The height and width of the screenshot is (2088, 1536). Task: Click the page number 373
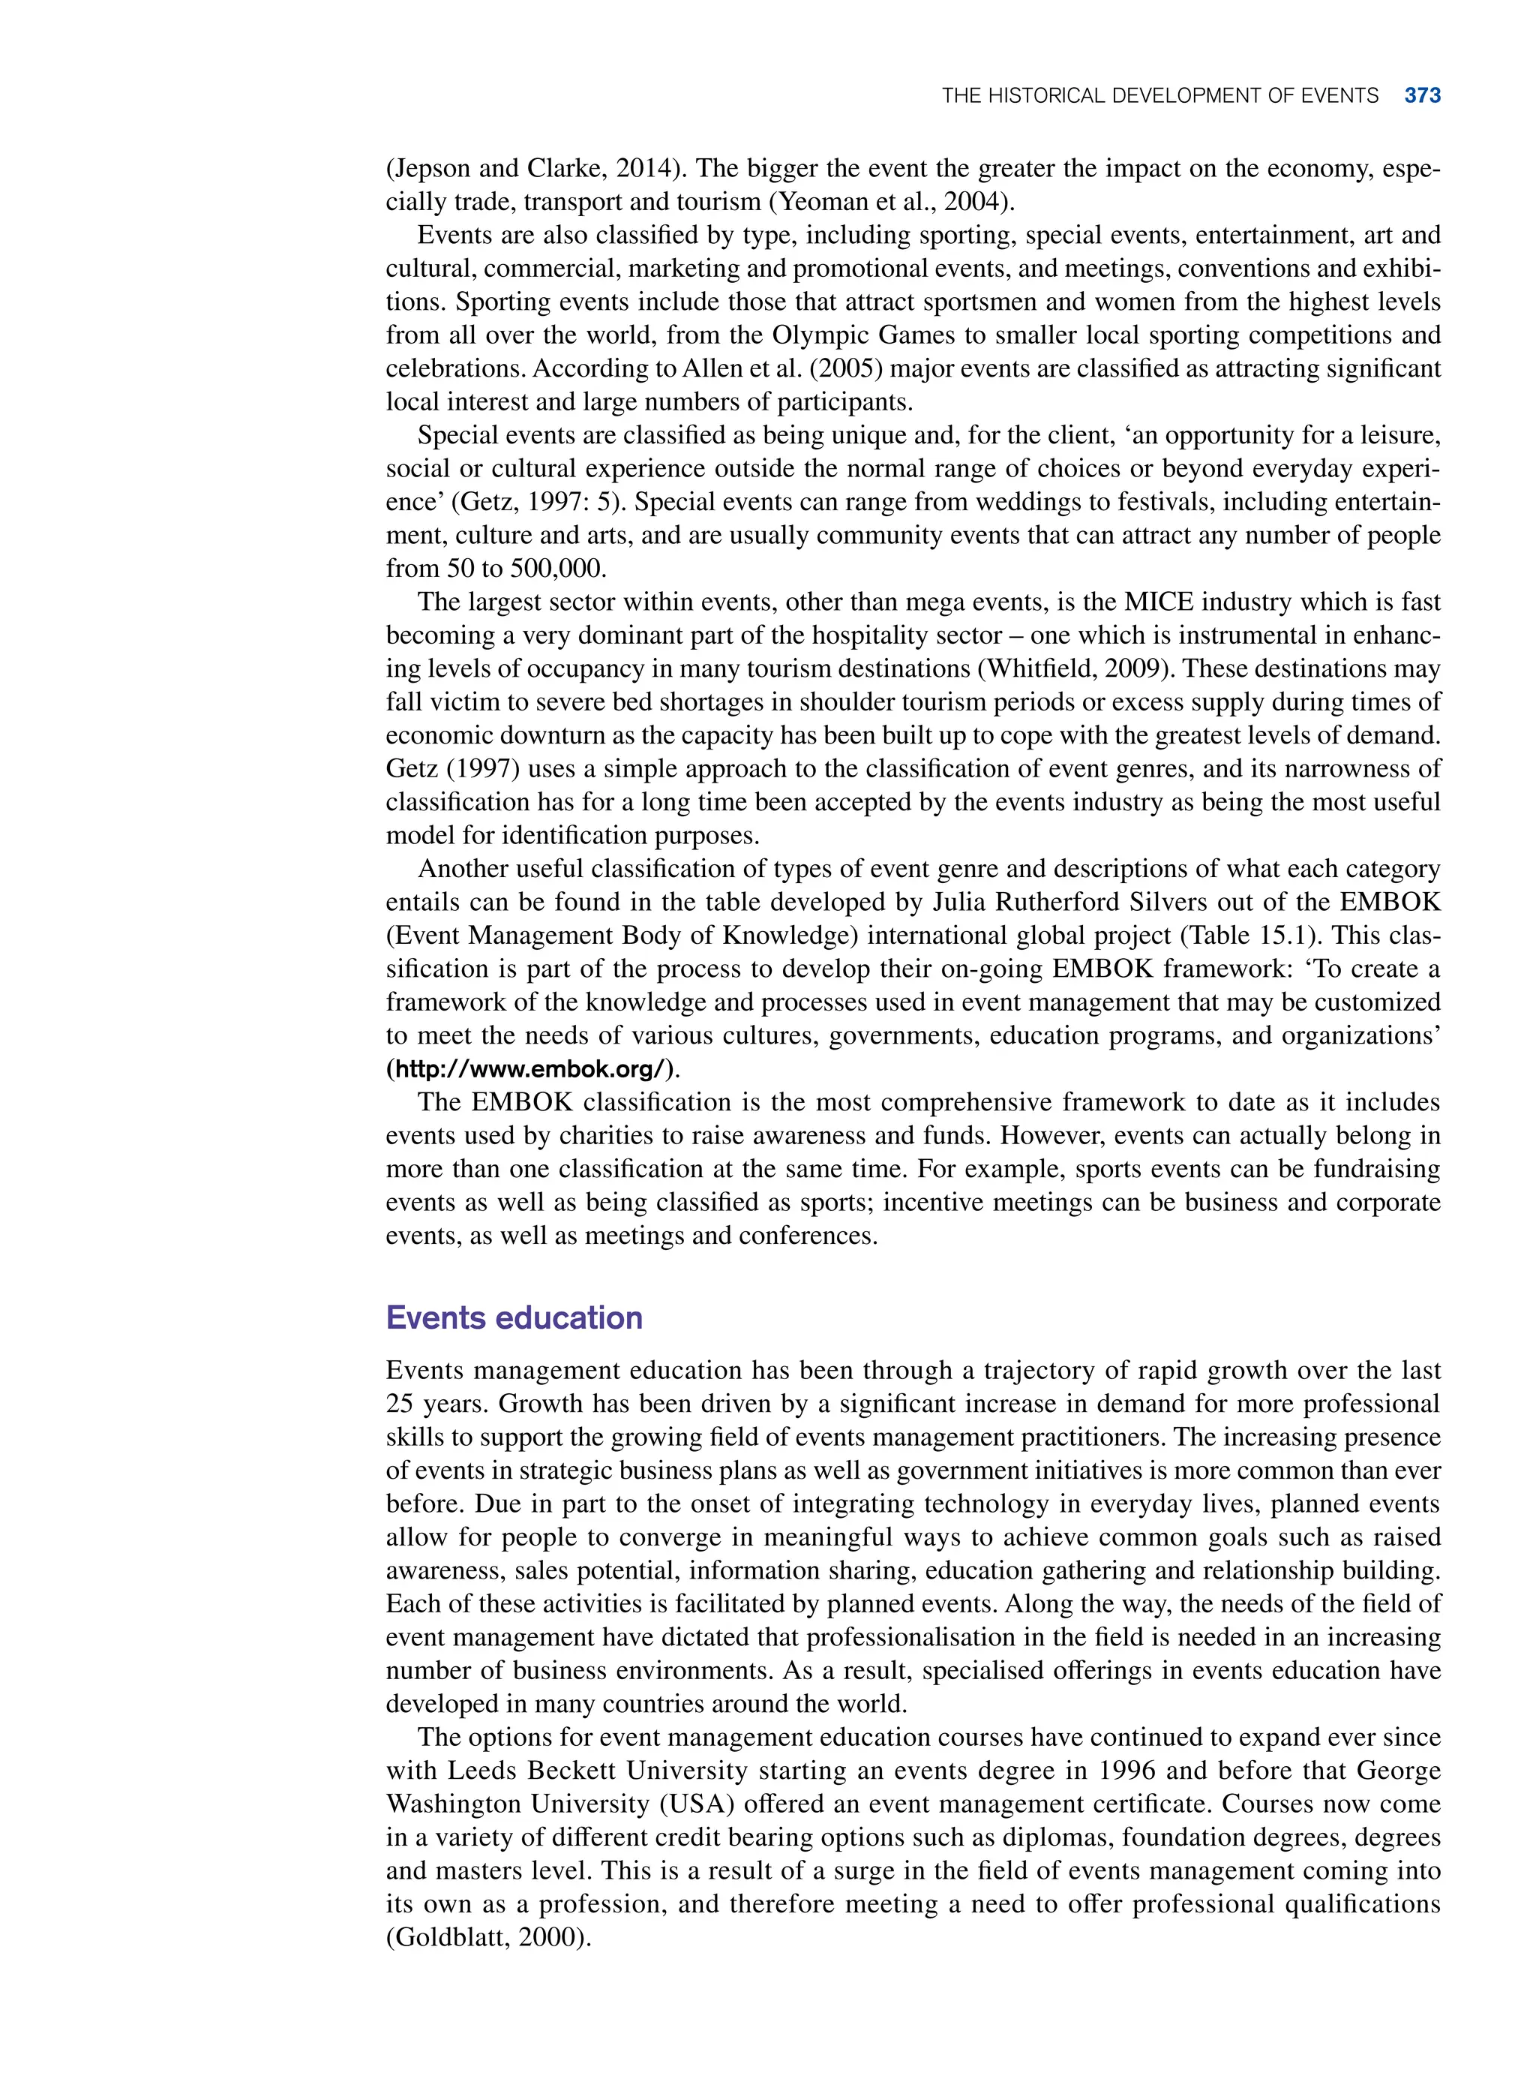point(1422,96)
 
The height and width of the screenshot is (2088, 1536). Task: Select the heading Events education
point(514,1318)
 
